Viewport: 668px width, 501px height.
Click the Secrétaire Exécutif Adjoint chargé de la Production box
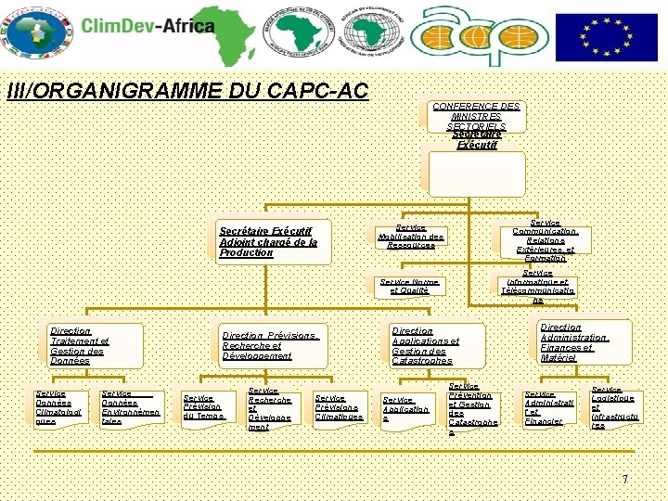click(x=269, y=241)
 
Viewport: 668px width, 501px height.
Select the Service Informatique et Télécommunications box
click(x=538, y=287)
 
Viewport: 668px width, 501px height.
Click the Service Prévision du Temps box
click(x=204, y=408)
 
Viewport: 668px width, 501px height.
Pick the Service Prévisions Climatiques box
click(x=339, y=408)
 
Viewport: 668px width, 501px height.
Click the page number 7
click(x=625, y=479)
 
